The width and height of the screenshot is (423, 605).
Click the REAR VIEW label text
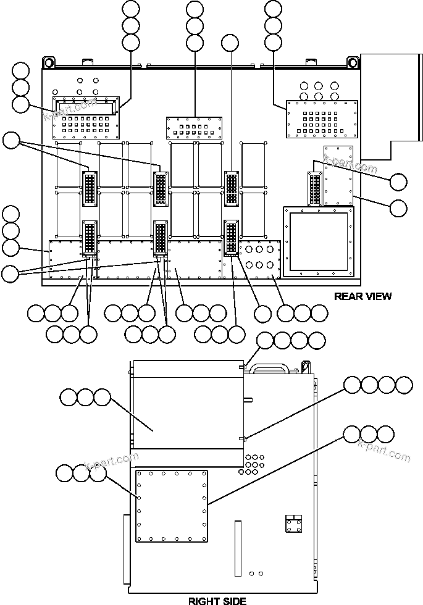pyautogui.click(x=362, y=296)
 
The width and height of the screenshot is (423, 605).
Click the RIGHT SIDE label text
pyautogui.click(x=217, y=600)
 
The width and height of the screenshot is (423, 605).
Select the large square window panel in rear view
pyautogui.click(x=319, y=241)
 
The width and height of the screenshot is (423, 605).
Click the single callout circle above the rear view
pyautogui.click(x=230, y=43)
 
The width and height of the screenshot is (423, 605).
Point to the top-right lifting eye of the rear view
pyautogui.click(x=353, y=62)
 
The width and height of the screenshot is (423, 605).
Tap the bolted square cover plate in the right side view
pyautogui.click(x=171, y=506)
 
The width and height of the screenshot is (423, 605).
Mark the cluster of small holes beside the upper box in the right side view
pyautogui.click(x=254, y=462)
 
